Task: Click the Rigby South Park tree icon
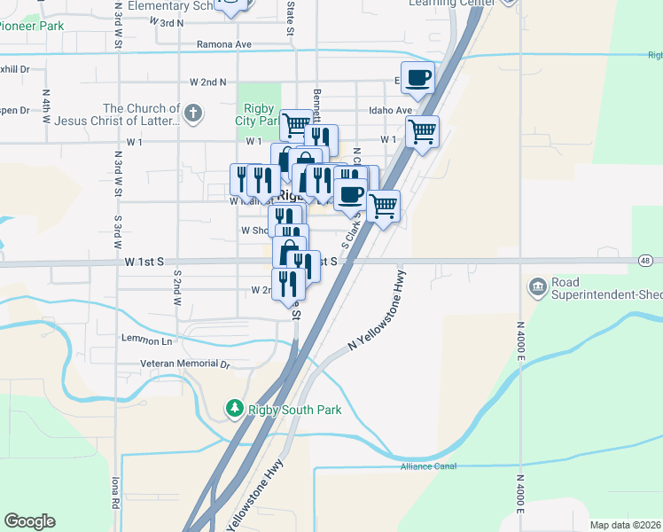[x=234, y=408]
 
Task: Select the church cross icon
[x=193, y=113]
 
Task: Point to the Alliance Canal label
[x=427, y=466]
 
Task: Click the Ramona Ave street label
[x=225, y=44]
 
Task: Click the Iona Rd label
[x=115, y=491]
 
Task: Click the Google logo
[x=29, y=521]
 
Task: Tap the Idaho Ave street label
[x=391, y=111]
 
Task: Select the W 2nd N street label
[x=208, y=82]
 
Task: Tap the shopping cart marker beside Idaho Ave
[x=423, y=131]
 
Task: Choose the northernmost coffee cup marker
[x=417, y=77]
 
